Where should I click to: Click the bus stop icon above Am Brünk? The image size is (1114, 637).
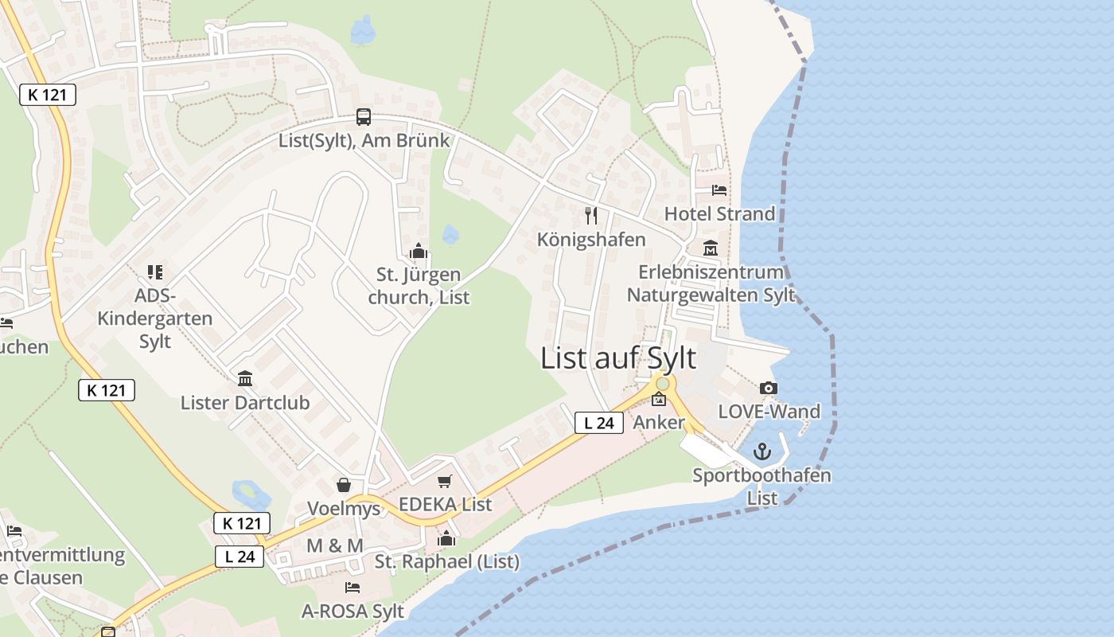coord(364,117)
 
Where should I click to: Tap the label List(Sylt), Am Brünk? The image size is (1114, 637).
coord(364,141)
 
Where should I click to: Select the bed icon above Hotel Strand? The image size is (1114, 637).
coord(719,190)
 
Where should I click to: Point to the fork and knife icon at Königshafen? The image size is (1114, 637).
coord(591,215)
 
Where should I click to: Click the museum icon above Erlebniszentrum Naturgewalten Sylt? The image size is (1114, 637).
coord(711,248)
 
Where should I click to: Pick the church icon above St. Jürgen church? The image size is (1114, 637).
coord(419,252)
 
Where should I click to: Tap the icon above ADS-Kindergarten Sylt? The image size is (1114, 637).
coord(155,272)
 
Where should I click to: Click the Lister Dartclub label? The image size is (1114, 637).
coord(245,403)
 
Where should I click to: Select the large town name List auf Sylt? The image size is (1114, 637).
coord(618,358)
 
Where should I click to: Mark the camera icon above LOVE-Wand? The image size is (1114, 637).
coord(768,389)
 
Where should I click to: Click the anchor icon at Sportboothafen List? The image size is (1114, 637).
coord(762,452)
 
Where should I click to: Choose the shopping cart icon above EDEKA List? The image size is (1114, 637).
coord(445,481)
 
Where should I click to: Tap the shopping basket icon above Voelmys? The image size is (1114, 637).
coord(344,485)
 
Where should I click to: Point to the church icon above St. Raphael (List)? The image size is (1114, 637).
coord(446,539)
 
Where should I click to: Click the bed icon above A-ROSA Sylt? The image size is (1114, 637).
coord(353,588)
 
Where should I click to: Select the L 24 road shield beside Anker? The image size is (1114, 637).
coord(599,424)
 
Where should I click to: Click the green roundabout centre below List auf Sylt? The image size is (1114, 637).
coord(662,384)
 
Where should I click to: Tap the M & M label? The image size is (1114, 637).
coord(335,545)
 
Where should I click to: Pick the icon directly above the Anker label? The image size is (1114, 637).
coord(659,400)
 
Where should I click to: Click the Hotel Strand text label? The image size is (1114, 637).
coord(719,213)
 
